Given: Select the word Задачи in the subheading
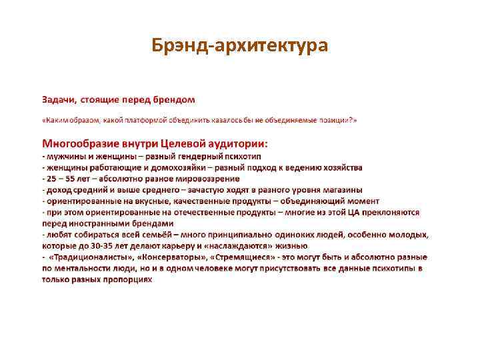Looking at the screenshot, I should click(59, 99).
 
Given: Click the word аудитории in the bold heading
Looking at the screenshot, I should click(233, 143).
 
